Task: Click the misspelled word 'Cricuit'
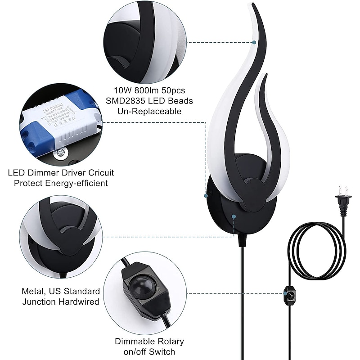tap(98, 173)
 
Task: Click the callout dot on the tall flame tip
tap(254, 43)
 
